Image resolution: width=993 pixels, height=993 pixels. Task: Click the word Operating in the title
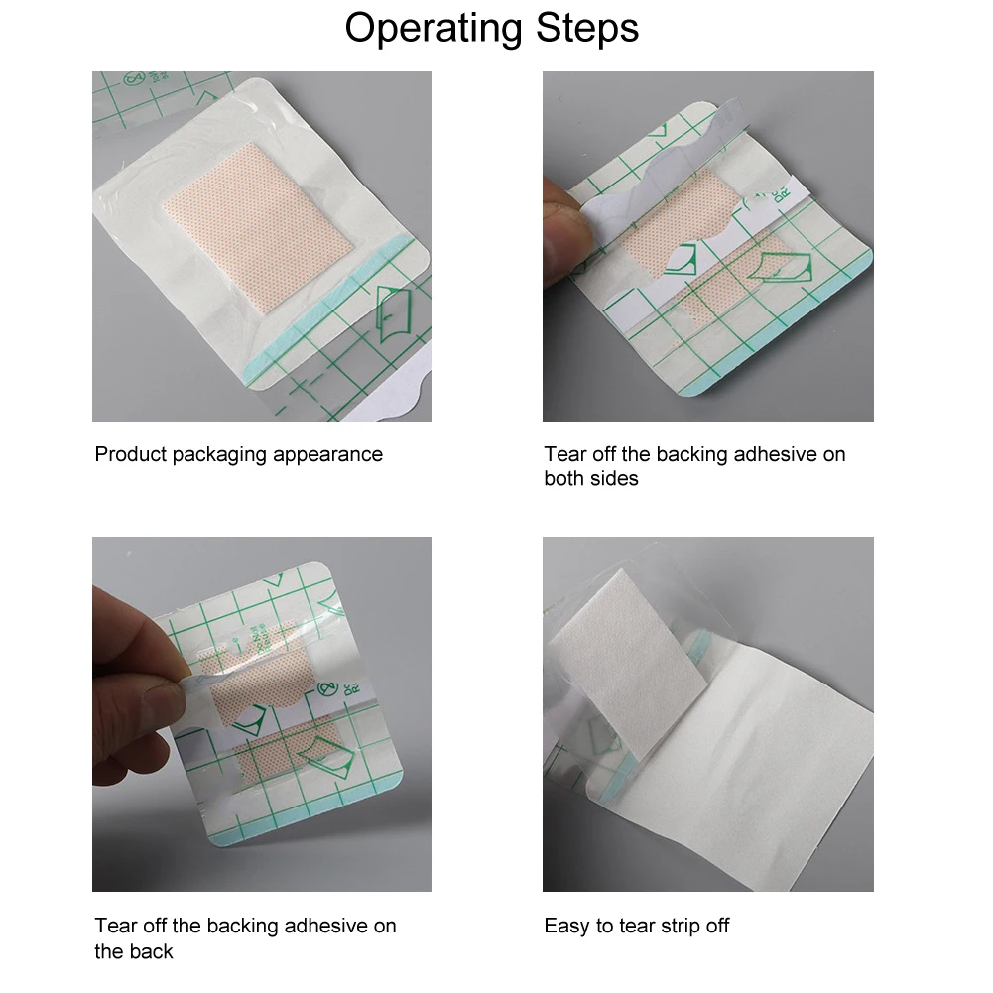coord(434,29)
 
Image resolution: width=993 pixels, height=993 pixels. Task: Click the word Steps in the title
coord(587,28)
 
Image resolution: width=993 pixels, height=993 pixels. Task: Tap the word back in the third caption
coord(152,951)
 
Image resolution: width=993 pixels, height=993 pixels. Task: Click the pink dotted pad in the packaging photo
coord(257,227)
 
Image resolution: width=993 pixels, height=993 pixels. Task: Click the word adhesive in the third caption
coord(325,926)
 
